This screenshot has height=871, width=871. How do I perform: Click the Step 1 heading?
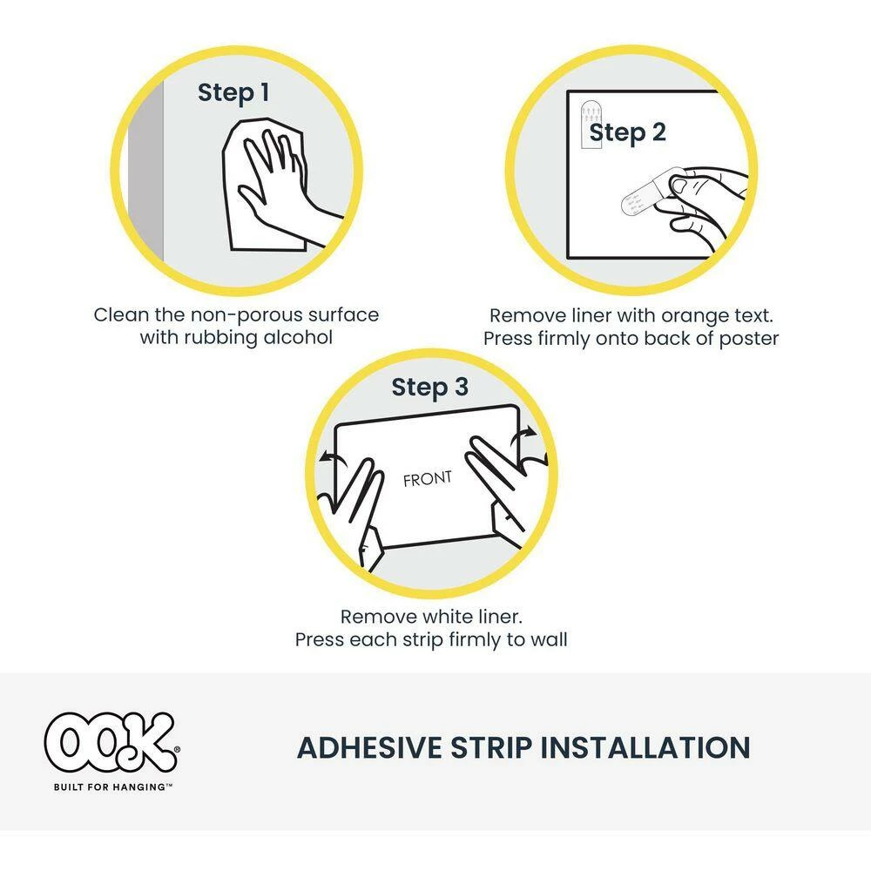233,93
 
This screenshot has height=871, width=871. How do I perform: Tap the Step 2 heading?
627,133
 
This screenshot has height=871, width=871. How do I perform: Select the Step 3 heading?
429,388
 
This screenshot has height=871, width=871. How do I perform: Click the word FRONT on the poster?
427,479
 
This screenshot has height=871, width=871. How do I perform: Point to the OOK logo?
111,743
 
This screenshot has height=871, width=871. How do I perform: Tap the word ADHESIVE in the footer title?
369,747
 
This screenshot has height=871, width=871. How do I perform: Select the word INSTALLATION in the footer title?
645,747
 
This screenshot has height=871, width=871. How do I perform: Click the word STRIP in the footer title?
491,747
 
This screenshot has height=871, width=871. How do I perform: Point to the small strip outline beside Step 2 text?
591,125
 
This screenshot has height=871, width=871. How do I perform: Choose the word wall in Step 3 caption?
548,639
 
